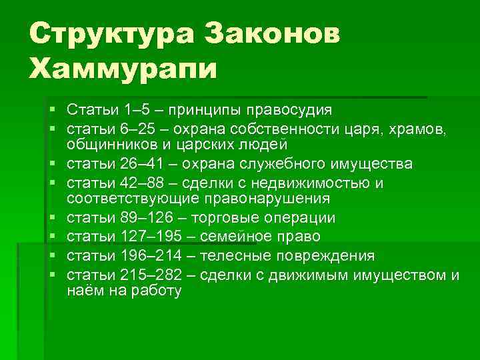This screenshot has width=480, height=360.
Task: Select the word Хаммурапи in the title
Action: pyautogui.click(x=123, y=68)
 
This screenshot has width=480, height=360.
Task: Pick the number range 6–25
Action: pyautogui.click(x=142, y=127)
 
